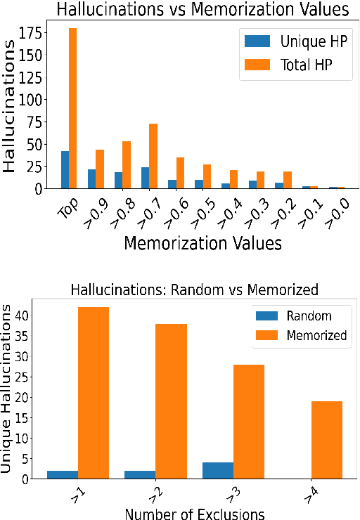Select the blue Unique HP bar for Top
pos(65,169)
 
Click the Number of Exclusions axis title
pos(194,513)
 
